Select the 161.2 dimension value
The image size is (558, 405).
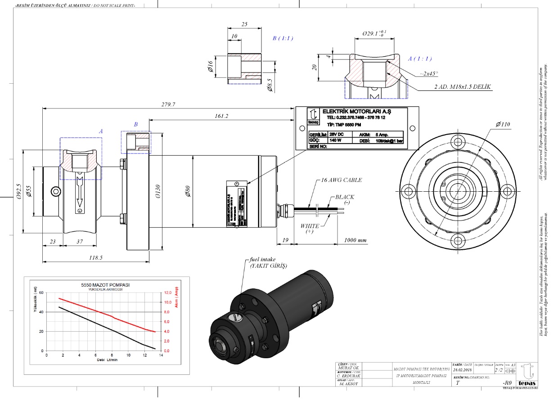221,116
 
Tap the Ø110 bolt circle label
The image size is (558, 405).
504,124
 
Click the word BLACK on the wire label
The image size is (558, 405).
345,197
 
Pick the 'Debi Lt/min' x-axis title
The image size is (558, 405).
107,360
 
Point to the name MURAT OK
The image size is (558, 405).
348,367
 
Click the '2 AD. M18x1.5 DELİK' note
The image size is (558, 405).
462,86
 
